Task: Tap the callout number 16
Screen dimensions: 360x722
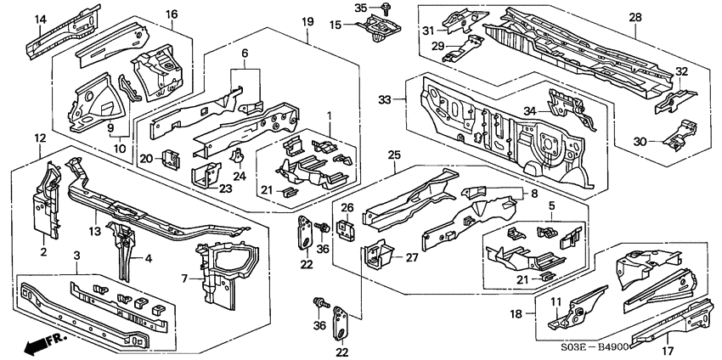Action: pos(172,14)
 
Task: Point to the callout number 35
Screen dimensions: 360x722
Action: pos(360,8)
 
